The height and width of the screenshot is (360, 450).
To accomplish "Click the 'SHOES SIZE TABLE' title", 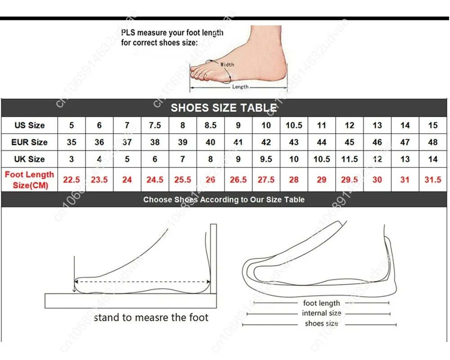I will click(224, 108).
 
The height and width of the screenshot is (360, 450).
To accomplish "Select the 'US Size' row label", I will click(29, 125).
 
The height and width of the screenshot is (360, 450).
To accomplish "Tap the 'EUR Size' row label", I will click(29, 142).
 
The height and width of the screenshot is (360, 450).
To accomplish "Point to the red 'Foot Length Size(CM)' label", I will click(29, 180).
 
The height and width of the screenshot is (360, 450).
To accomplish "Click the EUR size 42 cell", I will click(266, 142).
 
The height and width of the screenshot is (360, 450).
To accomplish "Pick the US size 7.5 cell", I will click(155, 125).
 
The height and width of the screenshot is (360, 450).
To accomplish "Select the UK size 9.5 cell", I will click(266, 159).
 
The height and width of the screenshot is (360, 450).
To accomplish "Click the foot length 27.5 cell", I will click(266, 180).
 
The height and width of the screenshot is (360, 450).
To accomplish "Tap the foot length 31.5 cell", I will click(432, 180).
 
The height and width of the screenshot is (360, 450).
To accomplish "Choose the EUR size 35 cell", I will click(72, 142).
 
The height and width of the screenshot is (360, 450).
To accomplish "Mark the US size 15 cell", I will click(432, 125).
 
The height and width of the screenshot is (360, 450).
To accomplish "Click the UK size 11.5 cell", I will click(349, 159).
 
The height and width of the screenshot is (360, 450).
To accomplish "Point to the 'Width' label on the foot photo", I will click(227, 65).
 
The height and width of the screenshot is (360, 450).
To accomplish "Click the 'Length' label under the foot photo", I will click(240, 87).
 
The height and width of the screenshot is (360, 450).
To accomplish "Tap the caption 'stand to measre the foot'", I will click(151, 318).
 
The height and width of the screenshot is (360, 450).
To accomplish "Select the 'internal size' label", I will click(321, 313).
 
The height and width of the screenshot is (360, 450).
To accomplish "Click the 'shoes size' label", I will click(321, 324).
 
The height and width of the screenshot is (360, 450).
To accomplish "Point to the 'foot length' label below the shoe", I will click(321, 303).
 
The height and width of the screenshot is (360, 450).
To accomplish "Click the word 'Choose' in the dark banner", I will click(157, 199).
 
